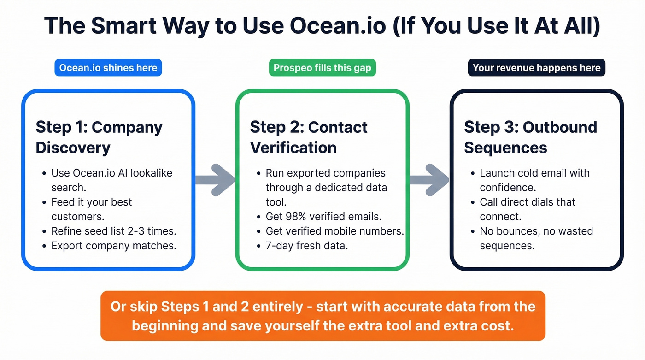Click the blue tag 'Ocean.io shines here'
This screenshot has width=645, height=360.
click(x=108, y=68)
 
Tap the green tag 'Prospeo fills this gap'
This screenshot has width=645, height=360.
click(x=322, y=68)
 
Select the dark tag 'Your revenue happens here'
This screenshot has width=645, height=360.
click(x=536, y=68)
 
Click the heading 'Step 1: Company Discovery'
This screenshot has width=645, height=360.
click(x=99, y=137)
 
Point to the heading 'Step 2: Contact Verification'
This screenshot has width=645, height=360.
click(x=309, y=137)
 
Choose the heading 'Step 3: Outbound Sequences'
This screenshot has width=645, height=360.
click(x=530, y=137)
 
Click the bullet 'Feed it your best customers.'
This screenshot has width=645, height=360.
click(x=92, y=209)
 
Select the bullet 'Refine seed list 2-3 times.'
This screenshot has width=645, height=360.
click(x=114, y=231)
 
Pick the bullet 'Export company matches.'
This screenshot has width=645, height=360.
click(x=114, y=246)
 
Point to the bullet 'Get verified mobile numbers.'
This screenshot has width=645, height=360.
click(x=334, y=231)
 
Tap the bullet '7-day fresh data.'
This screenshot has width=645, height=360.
click(x=307, y=246)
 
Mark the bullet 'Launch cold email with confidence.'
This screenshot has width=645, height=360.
click(x=534, y=180)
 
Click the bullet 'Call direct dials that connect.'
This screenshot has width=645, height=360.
click(x=528, y=209)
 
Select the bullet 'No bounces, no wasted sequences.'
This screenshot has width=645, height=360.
click(x=536, y=238)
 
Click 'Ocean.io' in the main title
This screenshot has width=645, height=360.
click(x=338, y=26)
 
